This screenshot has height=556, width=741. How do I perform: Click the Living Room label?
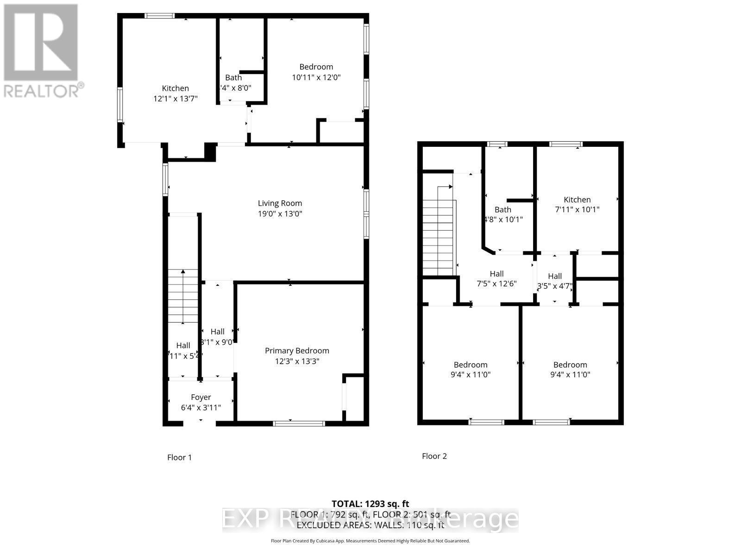click(x=280, y=203)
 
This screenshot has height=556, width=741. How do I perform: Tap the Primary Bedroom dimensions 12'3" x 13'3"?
click(x=297, y=361)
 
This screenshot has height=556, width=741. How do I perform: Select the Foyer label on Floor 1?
click(x=201, y=397)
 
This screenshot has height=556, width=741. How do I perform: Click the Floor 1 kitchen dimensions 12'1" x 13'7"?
click(x=175, y=99)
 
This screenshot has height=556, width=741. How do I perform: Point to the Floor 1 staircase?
click(x=183, y=297)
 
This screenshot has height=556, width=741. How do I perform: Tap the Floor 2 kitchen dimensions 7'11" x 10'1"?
click(x=577, y=209)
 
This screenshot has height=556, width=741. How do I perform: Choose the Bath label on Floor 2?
click(x=503, y=209)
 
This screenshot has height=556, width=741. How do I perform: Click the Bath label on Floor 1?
click(x=233, y=77)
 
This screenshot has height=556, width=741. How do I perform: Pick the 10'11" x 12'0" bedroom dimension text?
click(x=316, y=77)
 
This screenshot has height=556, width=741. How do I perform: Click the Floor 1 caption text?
click(x=179, y=457)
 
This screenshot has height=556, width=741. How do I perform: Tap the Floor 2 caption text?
click(x=434, y=456)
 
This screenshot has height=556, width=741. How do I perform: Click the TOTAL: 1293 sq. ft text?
click(x=370, y=504)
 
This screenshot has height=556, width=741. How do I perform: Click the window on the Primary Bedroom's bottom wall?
click(x=299, y=423)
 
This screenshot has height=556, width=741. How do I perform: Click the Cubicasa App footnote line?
click(x=370, y=541)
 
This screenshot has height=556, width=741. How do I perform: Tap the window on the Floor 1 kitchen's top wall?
click(x=159, y=16)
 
